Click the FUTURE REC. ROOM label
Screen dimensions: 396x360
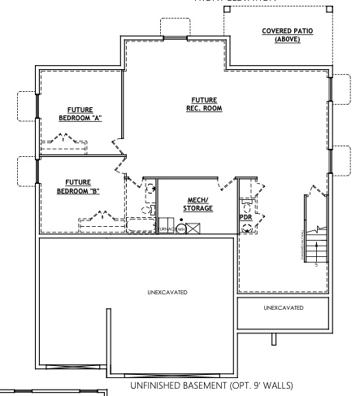(201, 103)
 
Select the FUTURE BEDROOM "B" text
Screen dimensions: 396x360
(78, 186)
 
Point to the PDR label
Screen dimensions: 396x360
(244, 218)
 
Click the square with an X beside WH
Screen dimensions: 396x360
(193, 228)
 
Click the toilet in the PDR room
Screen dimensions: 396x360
(246, 228)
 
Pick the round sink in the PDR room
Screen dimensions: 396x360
(246, 209)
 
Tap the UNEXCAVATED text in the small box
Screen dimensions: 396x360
(284, 308)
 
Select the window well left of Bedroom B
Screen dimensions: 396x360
(27, 171)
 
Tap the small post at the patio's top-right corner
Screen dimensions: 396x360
(328, 10)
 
